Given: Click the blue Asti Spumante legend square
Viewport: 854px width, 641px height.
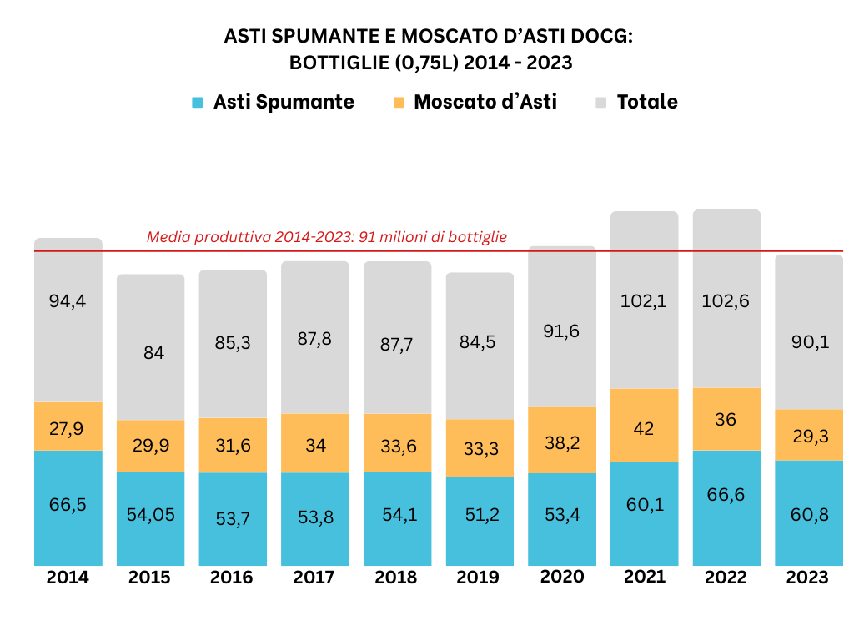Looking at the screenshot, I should tap(197, 103).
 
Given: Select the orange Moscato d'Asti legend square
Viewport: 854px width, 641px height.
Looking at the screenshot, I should tap(399, 103).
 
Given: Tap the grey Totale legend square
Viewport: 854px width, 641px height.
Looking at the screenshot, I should tap(601, 103).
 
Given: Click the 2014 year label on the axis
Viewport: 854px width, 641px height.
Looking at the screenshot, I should tap(68, 578).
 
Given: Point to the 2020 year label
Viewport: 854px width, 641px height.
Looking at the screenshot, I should tap(562, 577).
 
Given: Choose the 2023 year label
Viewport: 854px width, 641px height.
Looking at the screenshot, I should tap(807, 578).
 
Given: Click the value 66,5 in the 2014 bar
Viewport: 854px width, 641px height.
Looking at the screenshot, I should tap(68, 504).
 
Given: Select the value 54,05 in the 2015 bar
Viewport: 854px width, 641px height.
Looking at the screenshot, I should tap(150, 515).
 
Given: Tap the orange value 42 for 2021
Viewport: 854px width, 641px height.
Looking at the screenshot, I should tap(644, 428).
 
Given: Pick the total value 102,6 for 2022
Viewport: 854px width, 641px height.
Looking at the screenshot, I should tap(726, 301).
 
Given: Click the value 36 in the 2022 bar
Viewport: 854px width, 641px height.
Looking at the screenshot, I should tap(726, 419).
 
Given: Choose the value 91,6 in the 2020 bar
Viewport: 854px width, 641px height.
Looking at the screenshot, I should tap(562, 331).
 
